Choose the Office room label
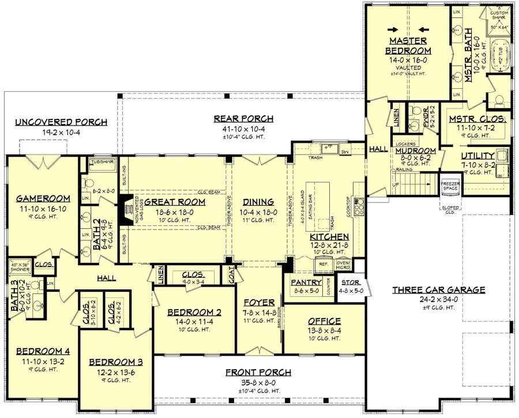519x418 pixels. pyautogui.click(x=324, y=321)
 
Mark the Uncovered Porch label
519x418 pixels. pyautogui.click(x=61, y=122)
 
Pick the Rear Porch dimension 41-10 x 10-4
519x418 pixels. pyautogui.click(x=243, y=129)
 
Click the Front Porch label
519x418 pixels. pyautogui.click(x=258, y=372)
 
